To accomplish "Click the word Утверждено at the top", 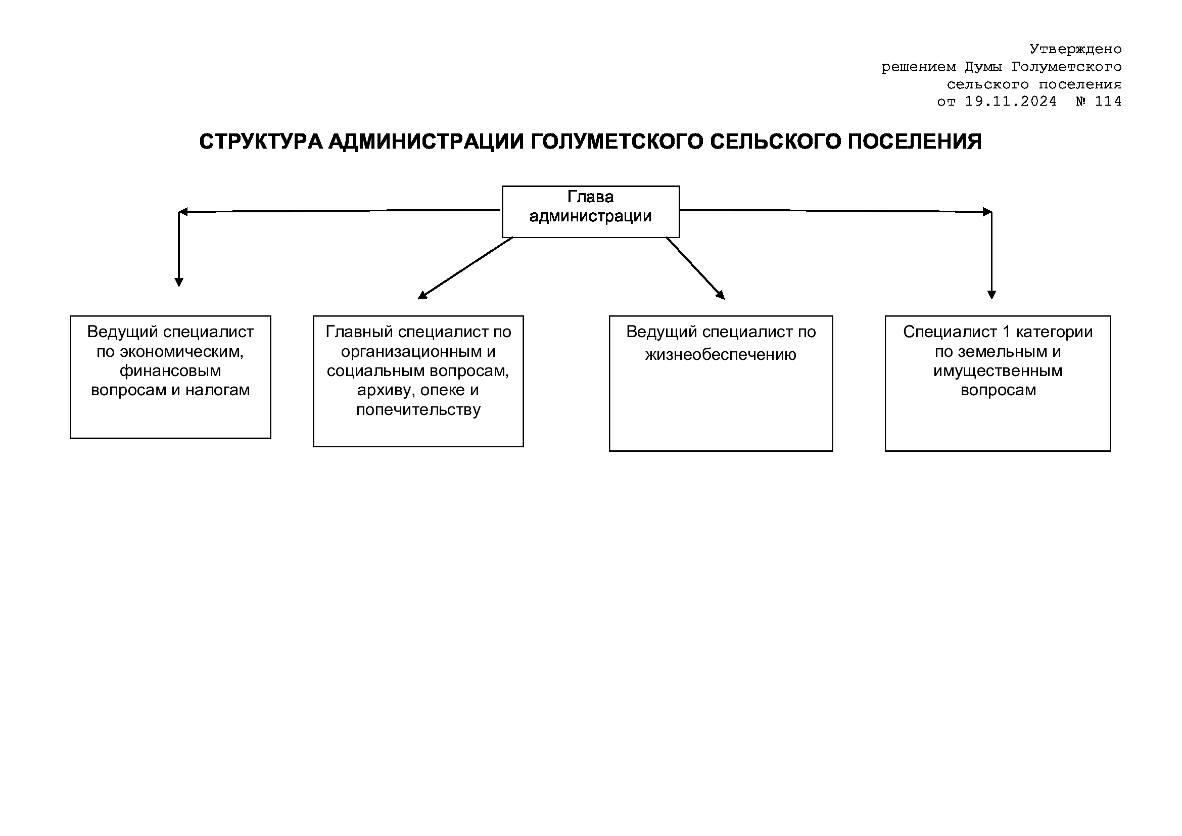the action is (1075, 49).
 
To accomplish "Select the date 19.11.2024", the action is (1010, 101).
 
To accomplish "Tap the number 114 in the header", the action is (1108, 101).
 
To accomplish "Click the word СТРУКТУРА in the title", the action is (261, 142).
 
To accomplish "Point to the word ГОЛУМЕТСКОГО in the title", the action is (617, 142).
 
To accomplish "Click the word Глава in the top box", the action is (590, 197).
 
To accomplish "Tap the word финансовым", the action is (170, 370).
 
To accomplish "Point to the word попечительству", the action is (418, 410).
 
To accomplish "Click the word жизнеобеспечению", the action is (721, 355).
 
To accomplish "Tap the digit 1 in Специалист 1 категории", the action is (1007, 332).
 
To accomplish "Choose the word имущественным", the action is (998, 370).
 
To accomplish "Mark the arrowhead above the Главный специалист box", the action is (422, 295).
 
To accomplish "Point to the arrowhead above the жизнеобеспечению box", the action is (721, 295).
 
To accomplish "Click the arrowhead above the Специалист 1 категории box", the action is (992, 295).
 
